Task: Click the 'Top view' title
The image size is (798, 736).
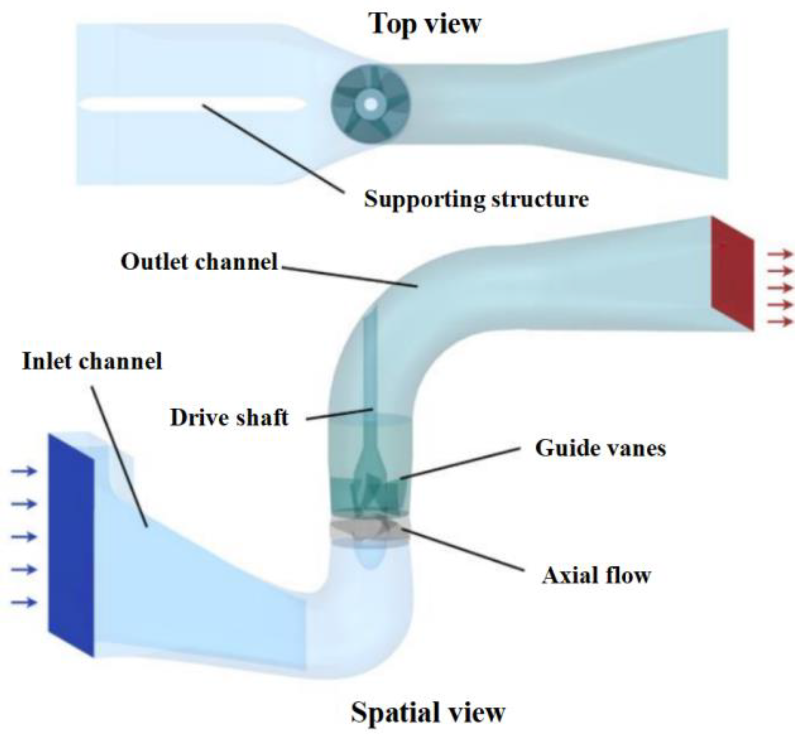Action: coord(424,24)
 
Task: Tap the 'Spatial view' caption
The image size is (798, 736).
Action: coord(428,712)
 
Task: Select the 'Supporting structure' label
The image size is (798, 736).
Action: coord(476,199)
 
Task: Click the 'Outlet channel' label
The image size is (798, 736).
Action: coord(199,261)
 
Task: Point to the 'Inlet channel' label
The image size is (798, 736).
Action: coord(92,361)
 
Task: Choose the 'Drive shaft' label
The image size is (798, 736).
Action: coord(229,418)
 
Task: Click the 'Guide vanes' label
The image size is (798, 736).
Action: coord(600,448)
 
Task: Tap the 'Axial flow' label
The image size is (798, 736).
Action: coord(596,575)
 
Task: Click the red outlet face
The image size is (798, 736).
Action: coord(732,273)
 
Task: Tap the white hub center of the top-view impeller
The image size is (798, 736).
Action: coord(370,103)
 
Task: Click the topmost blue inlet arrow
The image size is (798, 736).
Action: coord(24,471)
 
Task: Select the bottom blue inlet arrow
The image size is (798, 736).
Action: coord(24,603)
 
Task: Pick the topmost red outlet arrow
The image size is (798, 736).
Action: coord(780,254)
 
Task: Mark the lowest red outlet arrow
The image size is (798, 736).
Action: coord(780,322)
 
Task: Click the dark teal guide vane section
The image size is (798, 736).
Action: coord(370,496)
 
